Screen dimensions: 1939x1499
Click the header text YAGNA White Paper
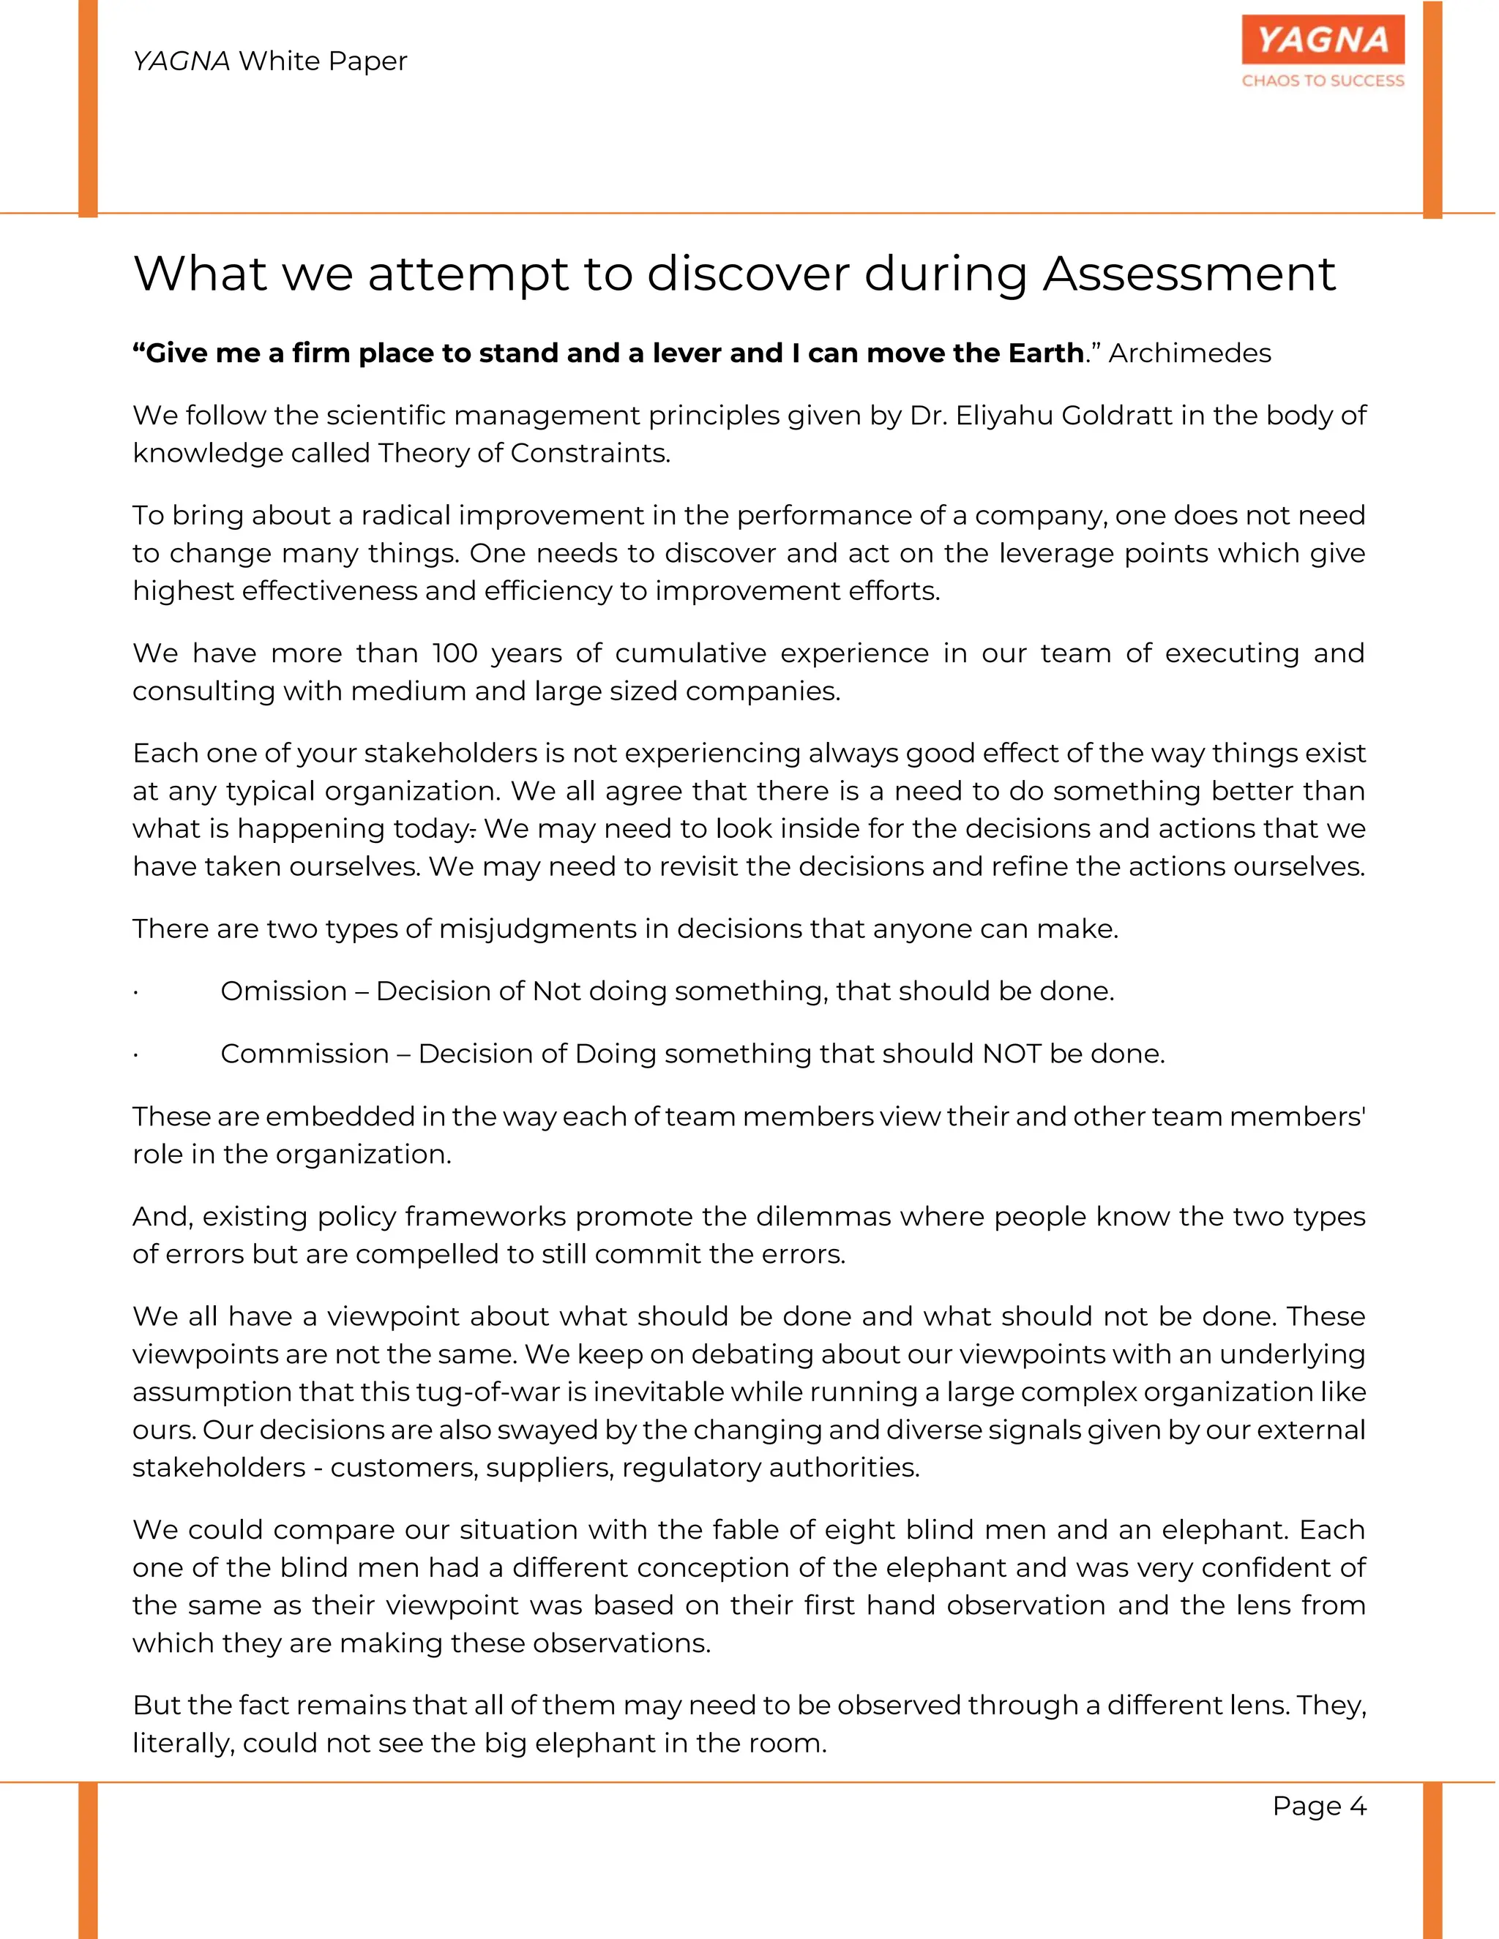270,61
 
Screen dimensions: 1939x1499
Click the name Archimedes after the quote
1191,353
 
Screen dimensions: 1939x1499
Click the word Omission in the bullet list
283,991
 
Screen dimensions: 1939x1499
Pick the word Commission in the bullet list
304,1054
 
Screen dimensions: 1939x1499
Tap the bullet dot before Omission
136,993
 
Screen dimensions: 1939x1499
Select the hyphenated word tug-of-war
500,1392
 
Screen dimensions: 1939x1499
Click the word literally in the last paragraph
183,1744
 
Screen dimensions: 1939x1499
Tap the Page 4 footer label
1320,1806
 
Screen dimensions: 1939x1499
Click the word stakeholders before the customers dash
218,1468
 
